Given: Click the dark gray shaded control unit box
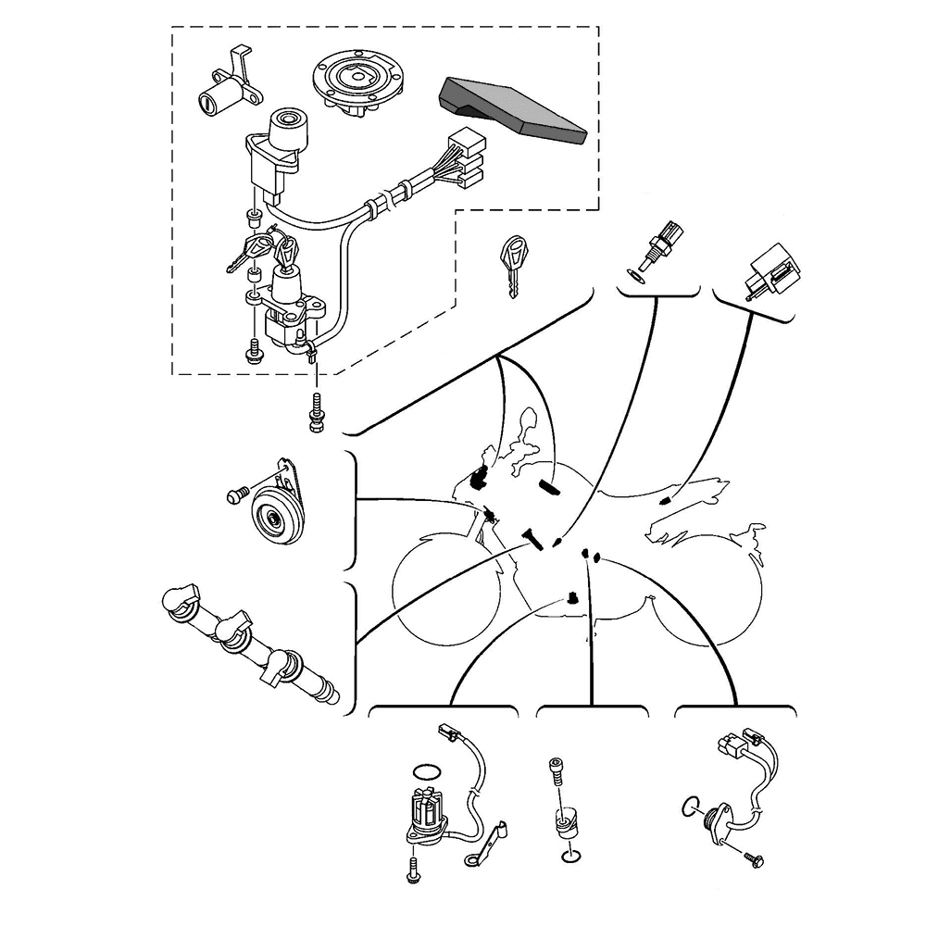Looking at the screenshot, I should [x=514, y=107].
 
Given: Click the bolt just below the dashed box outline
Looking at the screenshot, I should [x=318, y=411].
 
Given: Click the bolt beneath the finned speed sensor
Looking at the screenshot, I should [x=412, y=869].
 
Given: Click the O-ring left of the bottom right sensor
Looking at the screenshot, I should [x=690, y=806].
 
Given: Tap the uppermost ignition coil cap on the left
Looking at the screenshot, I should [x=181, y=601].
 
